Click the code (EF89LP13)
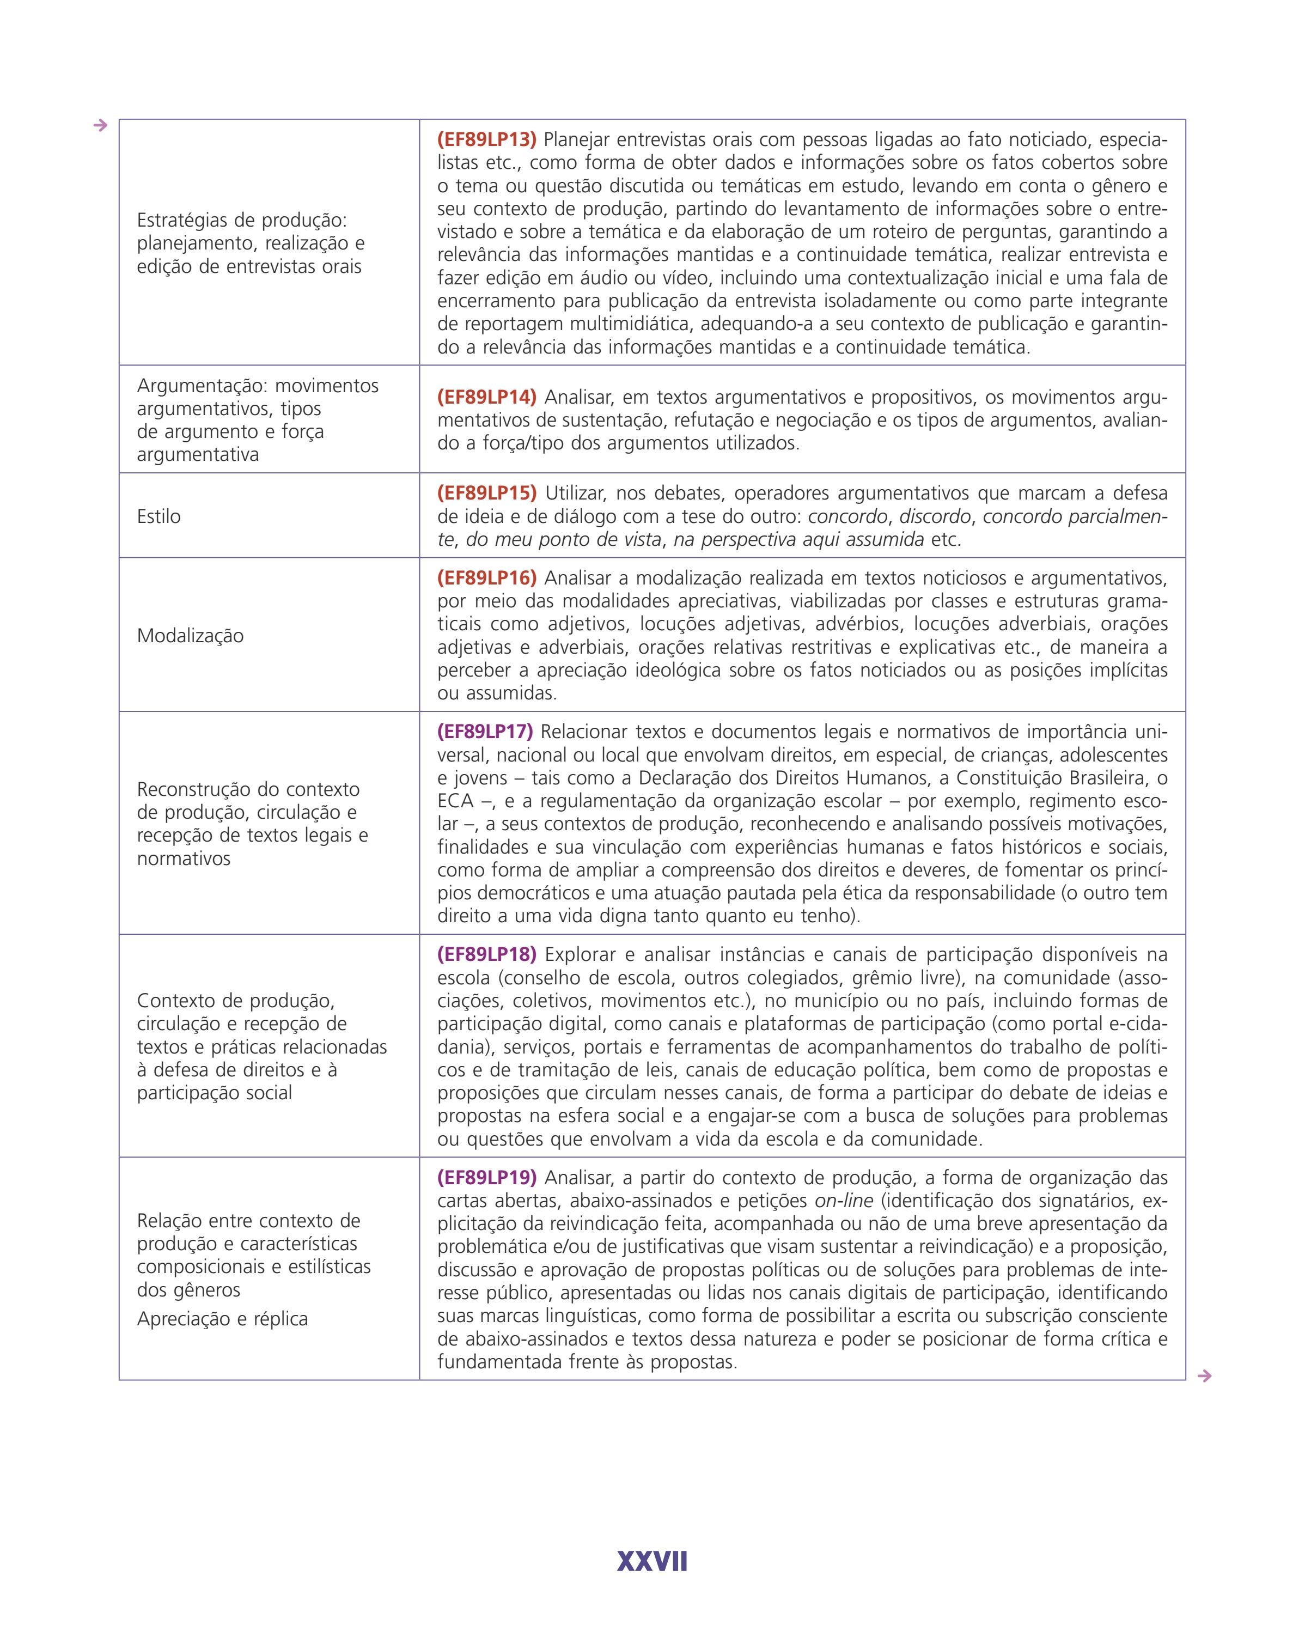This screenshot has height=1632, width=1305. coord(486,139)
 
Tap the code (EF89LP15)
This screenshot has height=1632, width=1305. coord(486,493)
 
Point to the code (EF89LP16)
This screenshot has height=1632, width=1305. coord(486,577)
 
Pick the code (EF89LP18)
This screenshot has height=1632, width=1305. coord(486,954)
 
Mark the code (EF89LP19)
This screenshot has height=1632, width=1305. coord(486,1177)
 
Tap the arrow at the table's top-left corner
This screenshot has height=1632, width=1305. coord(100,126)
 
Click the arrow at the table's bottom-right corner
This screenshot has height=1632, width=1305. coord(1204,1375)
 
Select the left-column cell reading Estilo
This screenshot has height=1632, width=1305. coord(159,516)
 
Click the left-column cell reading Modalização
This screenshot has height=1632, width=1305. coord(190,635)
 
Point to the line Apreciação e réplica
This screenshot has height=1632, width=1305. coord(222,1319)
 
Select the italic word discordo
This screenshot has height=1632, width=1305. coord(935,516)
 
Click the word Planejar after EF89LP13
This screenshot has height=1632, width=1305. coord(576,139)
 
